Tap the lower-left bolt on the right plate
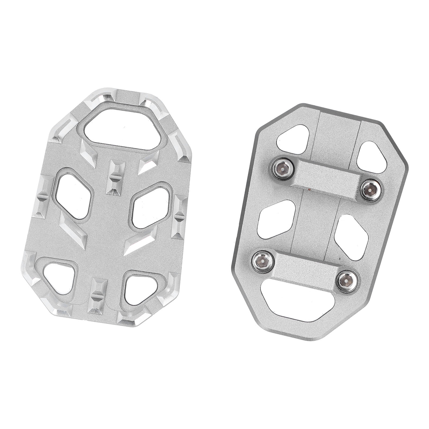click(x=262, y=261)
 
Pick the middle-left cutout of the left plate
click(x=73, y=196)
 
